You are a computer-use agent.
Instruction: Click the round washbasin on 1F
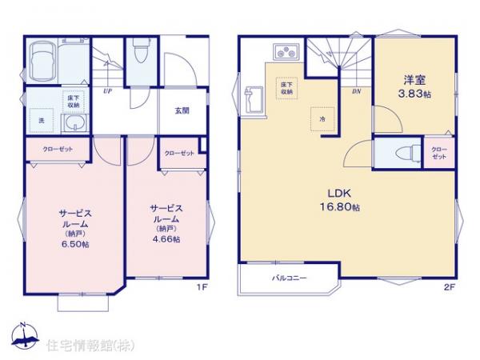click(74, 122)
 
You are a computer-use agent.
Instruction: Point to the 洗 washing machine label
click(41, 121)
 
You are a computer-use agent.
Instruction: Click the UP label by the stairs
click(107, 91)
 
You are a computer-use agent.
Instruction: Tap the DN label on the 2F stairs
click(357, 91)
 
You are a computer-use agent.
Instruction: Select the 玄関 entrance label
click(183, 111)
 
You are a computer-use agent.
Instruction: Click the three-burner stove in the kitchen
click(286, 53)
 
